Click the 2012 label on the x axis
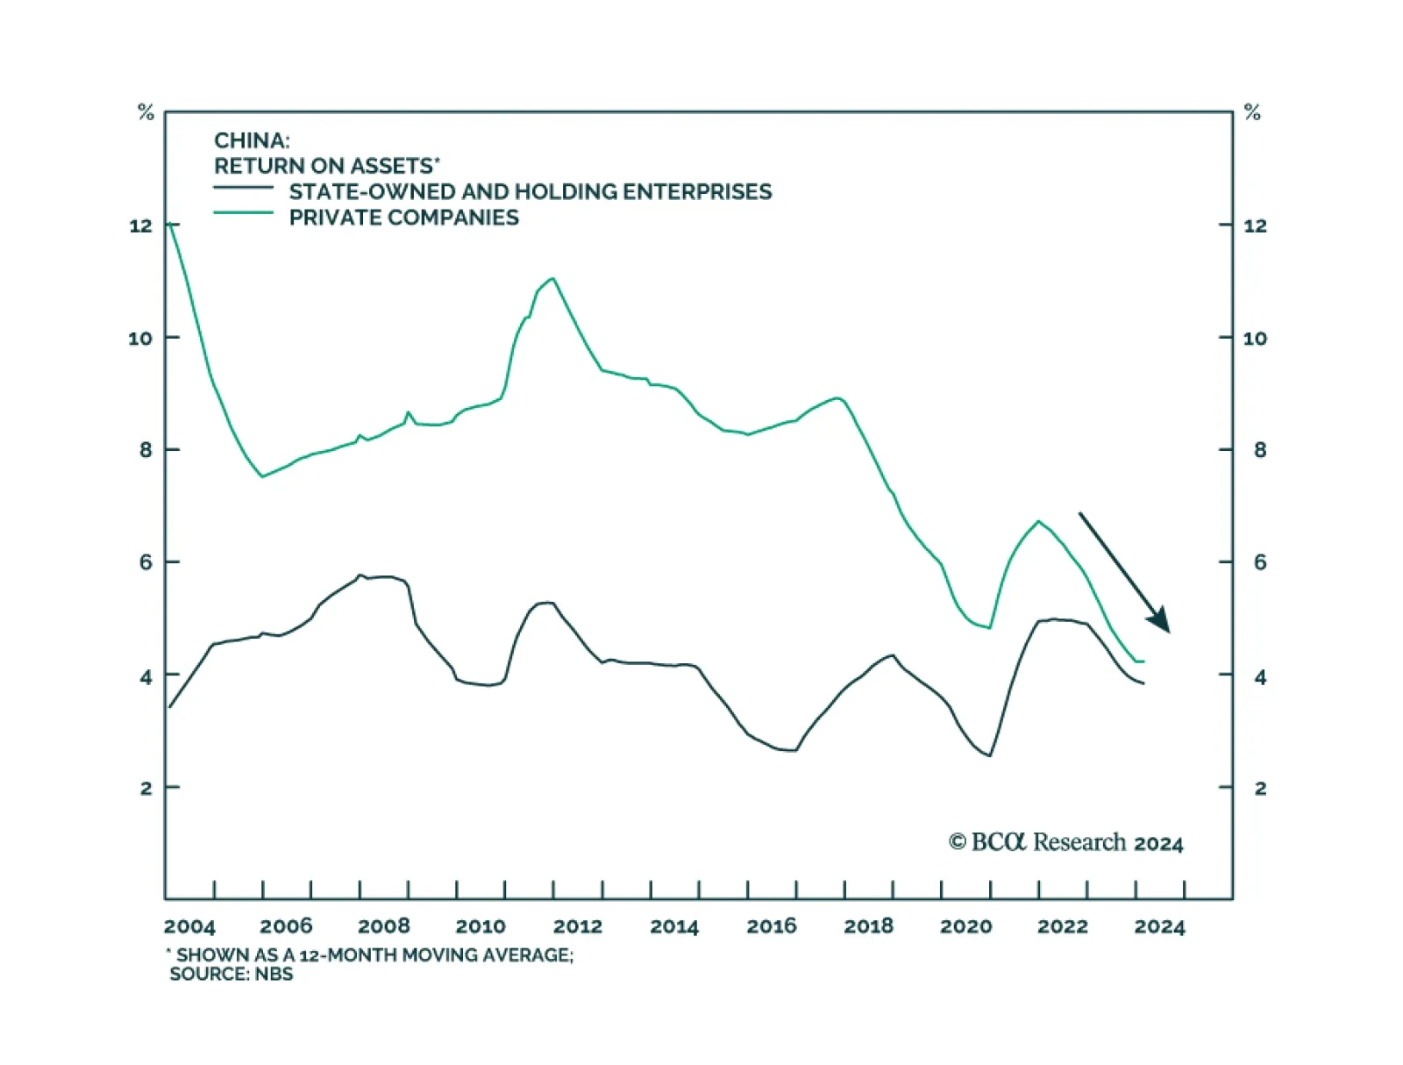577,926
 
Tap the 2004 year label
189,926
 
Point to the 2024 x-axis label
1159,926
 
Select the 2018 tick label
868,926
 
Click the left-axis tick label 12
140,226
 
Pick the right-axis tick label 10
1255,339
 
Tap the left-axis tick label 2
146,788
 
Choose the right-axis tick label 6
1260,562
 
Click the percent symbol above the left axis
146,112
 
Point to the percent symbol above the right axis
1252,112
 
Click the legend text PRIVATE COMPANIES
403,218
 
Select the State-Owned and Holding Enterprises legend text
531,192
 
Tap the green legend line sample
244,213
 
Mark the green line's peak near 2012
552,279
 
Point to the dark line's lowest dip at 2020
990,755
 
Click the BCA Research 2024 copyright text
1065,842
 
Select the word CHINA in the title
251,140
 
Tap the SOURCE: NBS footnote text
231,975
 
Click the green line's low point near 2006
262,476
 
